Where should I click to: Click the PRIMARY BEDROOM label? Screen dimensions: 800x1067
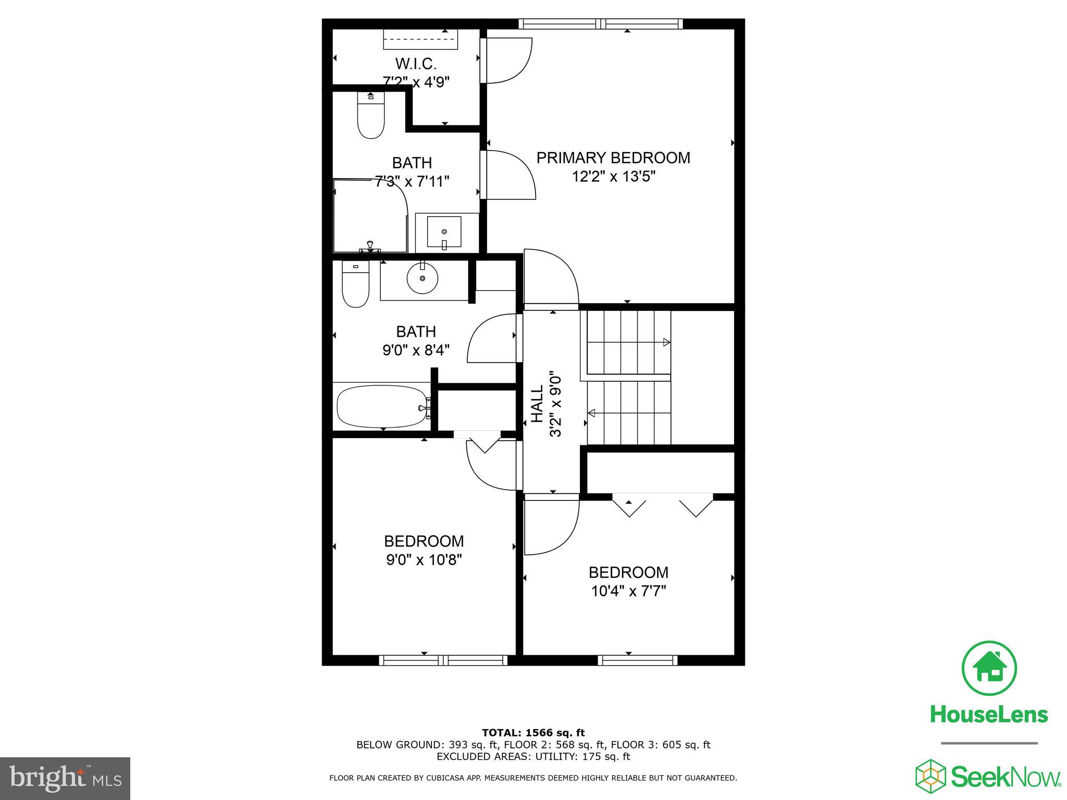tap(613, 158)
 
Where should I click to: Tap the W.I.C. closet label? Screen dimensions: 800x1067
tap(415, 64)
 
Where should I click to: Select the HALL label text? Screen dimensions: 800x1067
tap(537, 404)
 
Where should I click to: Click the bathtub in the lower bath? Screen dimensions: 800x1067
tap(382, 407)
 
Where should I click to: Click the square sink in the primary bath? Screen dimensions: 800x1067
tap(444, 232)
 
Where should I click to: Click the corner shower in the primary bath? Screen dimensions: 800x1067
tap(369, 216)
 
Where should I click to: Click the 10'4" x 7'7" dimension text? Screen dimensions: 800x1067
tap(628, 592)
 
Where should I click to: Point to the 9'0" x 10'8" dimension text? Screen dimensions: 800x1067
tap(424, 560)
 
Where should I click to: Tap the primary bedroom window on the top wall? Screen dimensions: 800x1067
tap(600, 23)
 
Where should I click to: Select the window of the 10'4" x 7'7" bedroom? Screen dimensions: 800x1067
tap(638, 660)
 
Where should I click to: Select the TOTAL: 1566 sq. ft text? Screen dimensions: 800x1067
tap(533, 733)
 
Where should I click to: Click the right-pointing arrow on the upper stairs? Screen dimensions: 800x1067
tap(666, 342)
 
